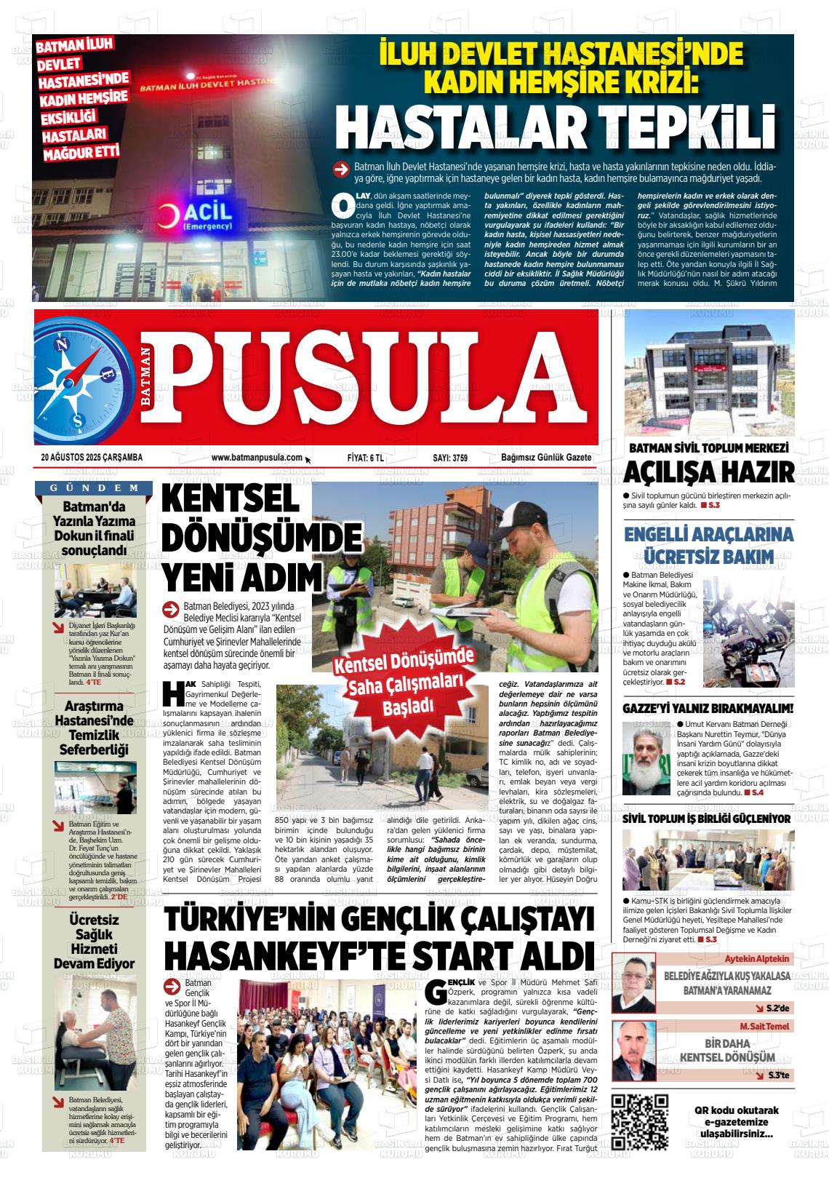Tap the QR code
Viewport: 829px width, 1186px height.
tap(640, 1121)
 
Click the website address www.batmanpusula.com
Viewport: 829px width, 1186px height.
tap(257, 457)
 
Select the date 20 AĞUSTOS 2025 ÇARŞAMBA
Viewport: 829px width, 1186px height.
tap(92, 457)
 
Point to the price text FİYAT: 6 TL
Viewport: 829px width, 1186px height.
tap(366, 457)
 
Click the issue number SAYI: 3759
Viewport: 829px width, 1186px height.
tap(450, 457)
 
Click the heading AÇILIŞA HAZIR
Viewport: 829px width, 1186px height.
tap(709, 473)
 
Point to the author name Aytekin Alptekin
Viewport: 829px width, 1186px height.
tap(757, 959)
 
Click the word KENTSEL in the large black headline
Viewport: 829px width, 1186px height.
tap(231, 501)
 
